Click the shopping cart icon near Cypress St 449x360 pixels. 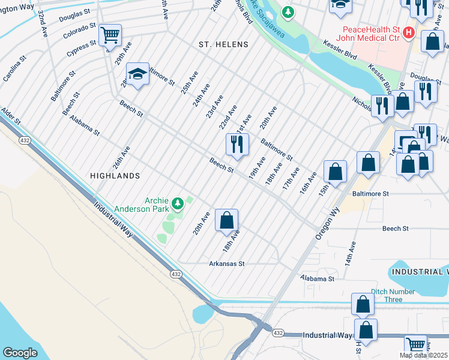point(110,35)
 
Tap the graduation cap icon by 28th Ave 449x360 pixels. point(137,74)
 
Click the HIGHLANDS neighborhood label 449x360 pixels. point(115,176)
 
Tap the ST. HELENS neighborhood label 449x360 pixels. point(219,44)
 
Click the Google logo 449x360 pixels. point(20,352)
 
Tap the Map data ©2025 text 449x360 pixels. point(424,355)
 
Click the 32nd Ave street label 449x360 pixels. point(43,23)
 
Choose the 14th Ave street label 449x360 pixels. point(350,254)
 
